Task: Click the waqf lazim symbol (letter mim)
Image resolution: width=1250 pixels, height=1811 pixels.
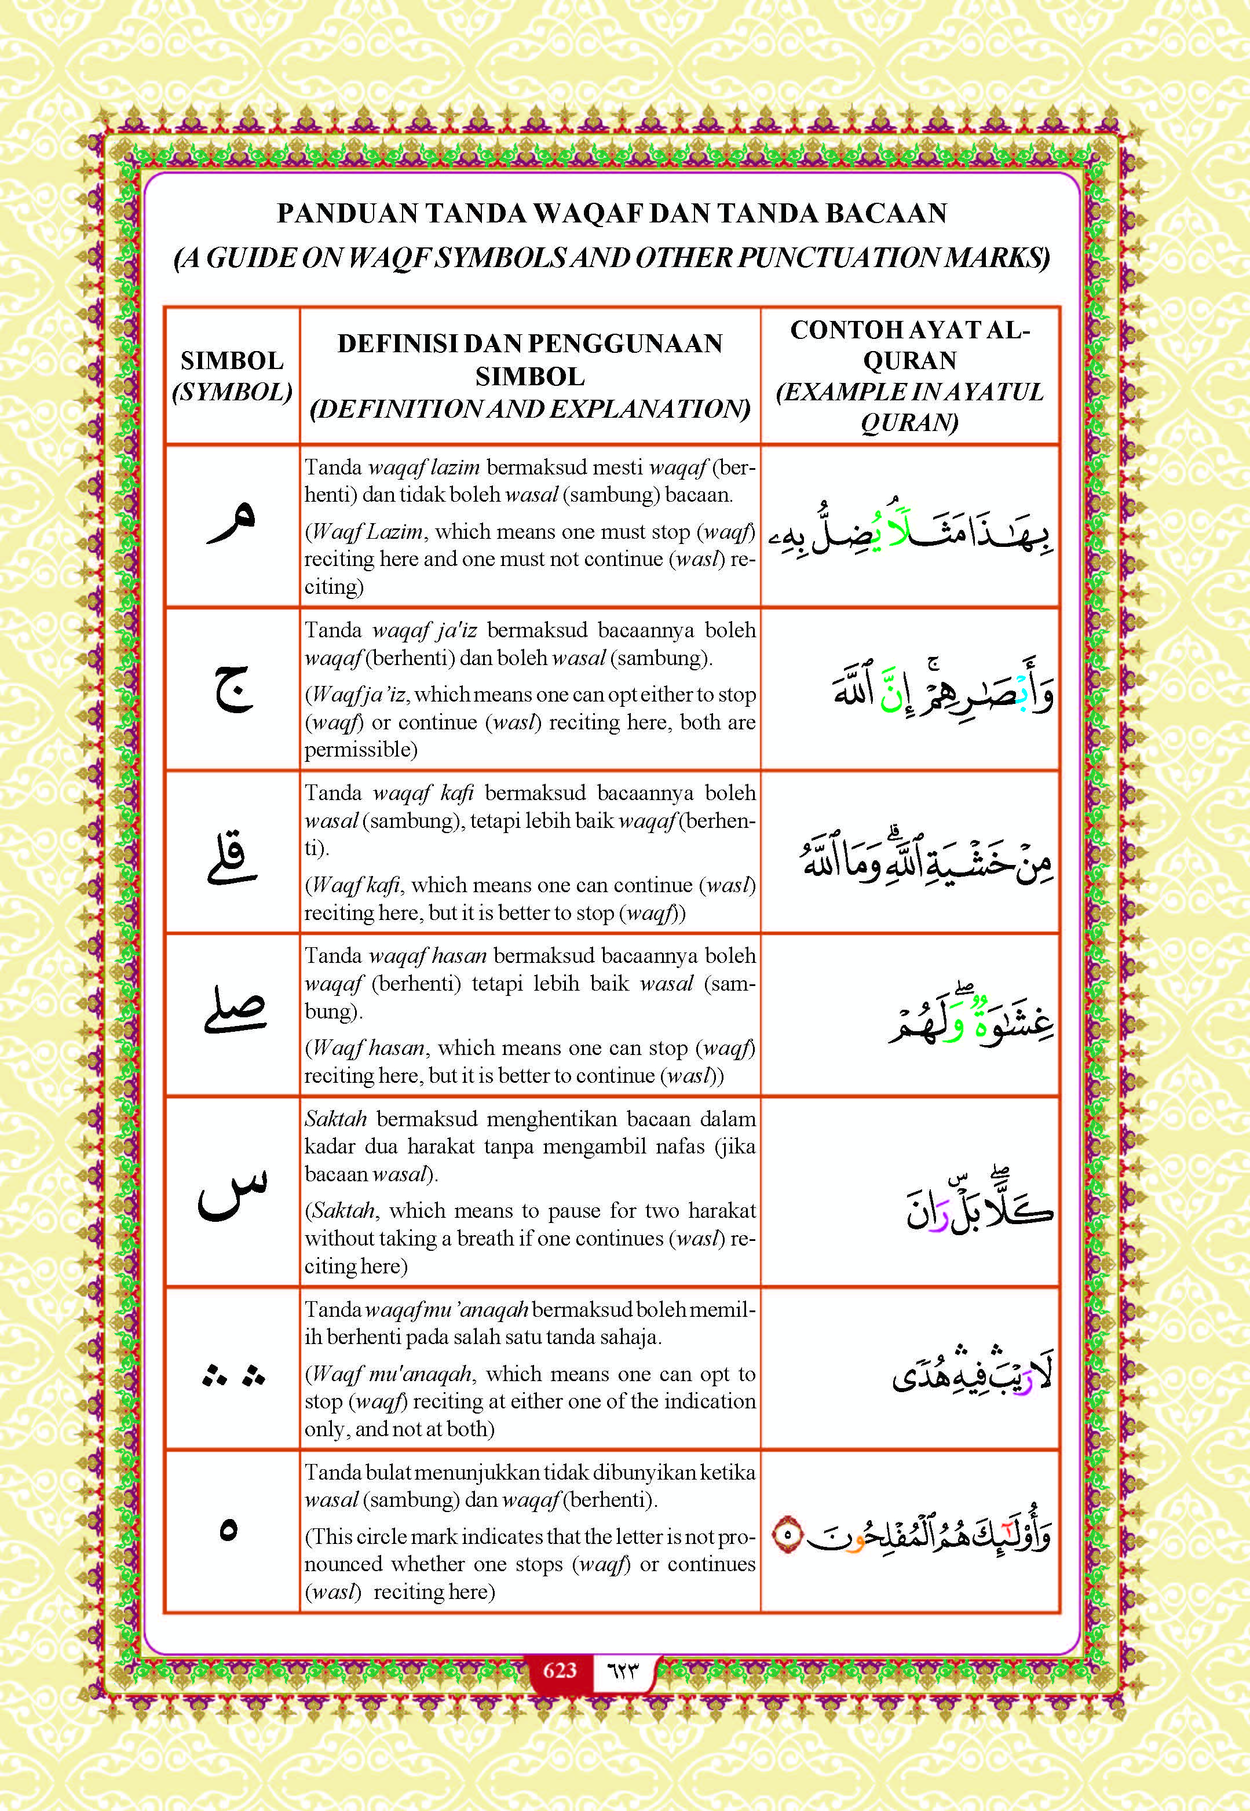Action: (232, 523)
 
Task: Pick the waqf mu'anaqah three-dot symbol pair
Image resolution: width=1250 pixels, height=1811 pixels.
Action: (233, 1375)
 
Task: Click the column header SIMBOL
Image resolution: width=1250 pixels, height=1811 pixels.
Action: (232, 360)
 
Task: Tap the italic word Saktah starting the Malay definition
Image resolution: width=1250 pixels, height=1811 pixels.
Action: (335, 1119)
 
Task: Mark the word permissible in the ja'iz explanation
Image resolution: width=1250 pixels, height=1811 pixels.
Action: (360, 750)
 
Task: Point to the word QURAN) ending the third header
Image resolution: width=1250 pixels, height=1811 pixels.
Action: (908, 423)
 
